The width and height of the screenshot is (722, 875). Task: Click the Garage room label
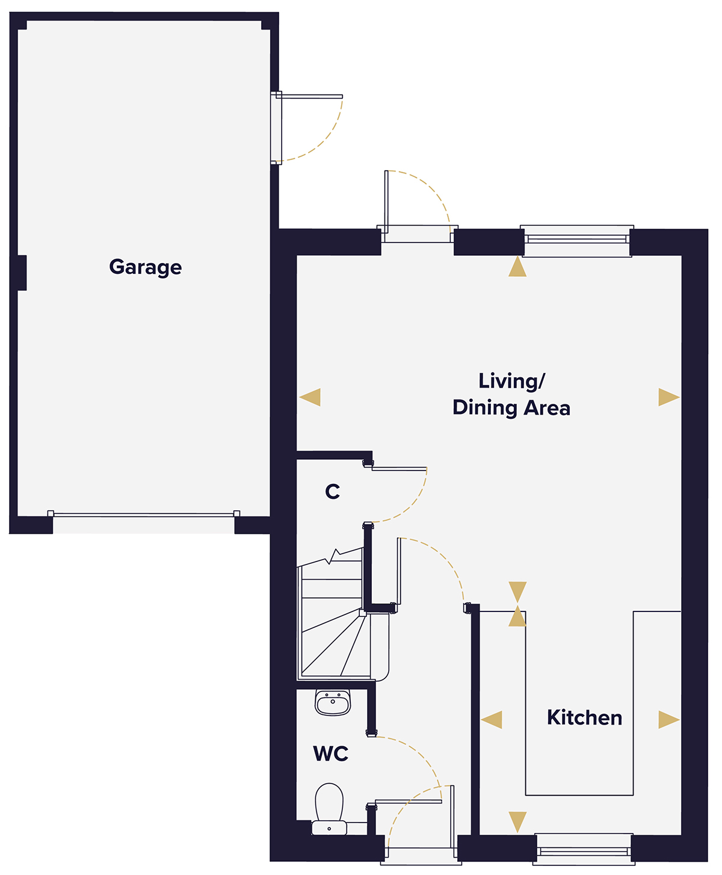pyautogui.click(x=146, y=267)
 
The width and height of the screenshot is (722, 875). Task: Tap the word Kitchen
pyautogui.click(x=584, y=717)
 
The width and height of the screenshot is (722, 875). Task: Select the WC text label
pyautogui.click(x=330, y=753)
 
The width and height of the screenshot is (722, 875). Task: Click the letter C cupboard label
pyautogui.click(x=332, y=492)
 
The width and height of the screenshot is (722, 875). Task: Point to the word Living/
pyautogui.click(x=511, y=381)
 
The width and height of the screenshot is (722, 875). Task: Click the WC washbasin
pyautogui.click(x=333, y=702)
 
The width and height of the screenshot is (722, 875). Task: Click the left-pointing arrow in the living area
pyautogui.click(x=310, y=397)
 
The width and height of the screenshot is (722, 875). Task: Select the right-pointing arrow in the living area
pyautogui.click(x=668, y=397)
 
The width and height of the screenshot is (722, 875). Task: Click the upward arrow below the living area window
pyautogui.click(x=517, y=268)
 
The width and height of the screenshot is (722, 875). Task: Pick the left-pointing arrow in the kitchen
pyautogui.click(x=492, y=720)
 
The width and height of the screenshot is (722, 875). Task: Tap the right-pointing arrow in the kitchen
pyautogui.click(x=668, y=720)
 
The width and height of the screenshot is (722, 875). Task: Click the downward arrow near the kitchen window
pyautogui.click(x=517, y=821)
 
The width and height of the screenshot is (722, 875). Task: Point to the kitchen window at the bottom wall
pyautogui.click(x=584, y=850)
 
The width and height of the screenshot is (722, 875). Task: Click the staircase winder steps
pyautogui.click(x=334, y=644)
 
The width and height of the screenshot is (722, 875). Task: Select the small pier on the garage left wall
pyautogui.click(x=22, y=273)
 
